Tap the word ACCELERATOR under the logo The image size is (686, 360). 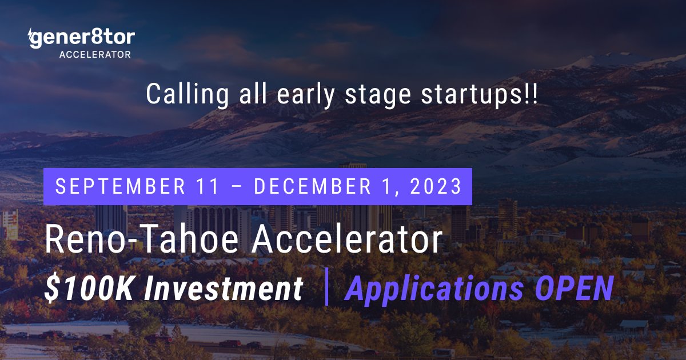tap(95, 55)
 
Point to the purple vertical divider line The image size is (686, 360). tap(327, 289)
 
